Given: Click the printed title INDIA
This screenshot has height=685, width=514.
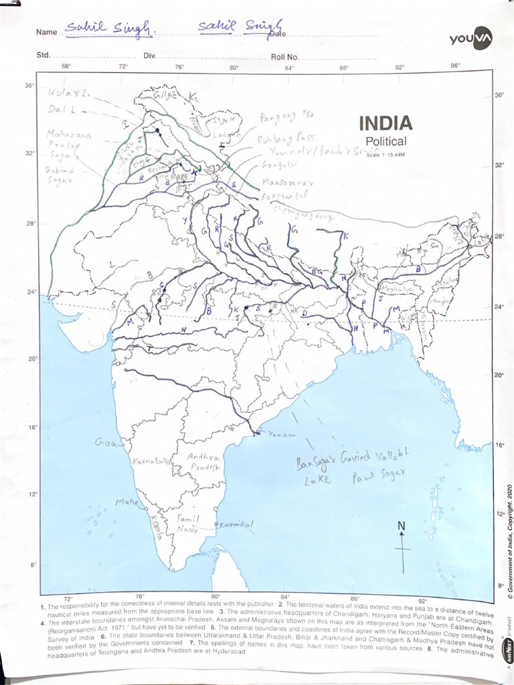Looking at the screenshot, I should (x=386, y=123).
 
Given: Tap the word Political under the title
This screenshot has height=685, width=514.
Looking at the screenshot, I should (x=386, y=141).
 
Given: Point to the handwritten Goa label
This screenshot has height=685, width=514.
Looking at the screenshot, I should (x=106, y=443).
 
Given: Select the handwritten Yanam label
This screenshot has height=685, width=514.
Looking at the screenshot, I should (x=281, y=435).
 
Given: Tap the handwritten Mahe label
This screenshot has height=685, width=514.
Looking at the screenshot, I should (x=126, y=502).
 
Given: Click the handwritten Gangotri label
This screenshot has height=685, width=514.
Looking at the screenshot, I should (x=277, y=165).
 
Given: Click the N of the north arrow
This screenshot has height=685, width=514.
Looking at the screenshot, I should (x=402, y=526).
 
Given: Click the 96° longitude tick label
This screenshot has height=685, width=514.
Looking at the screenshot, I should (x=454, y=66).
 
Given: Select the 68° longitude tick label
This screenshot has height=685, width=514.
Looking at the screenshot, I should (x=66, y=66).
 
